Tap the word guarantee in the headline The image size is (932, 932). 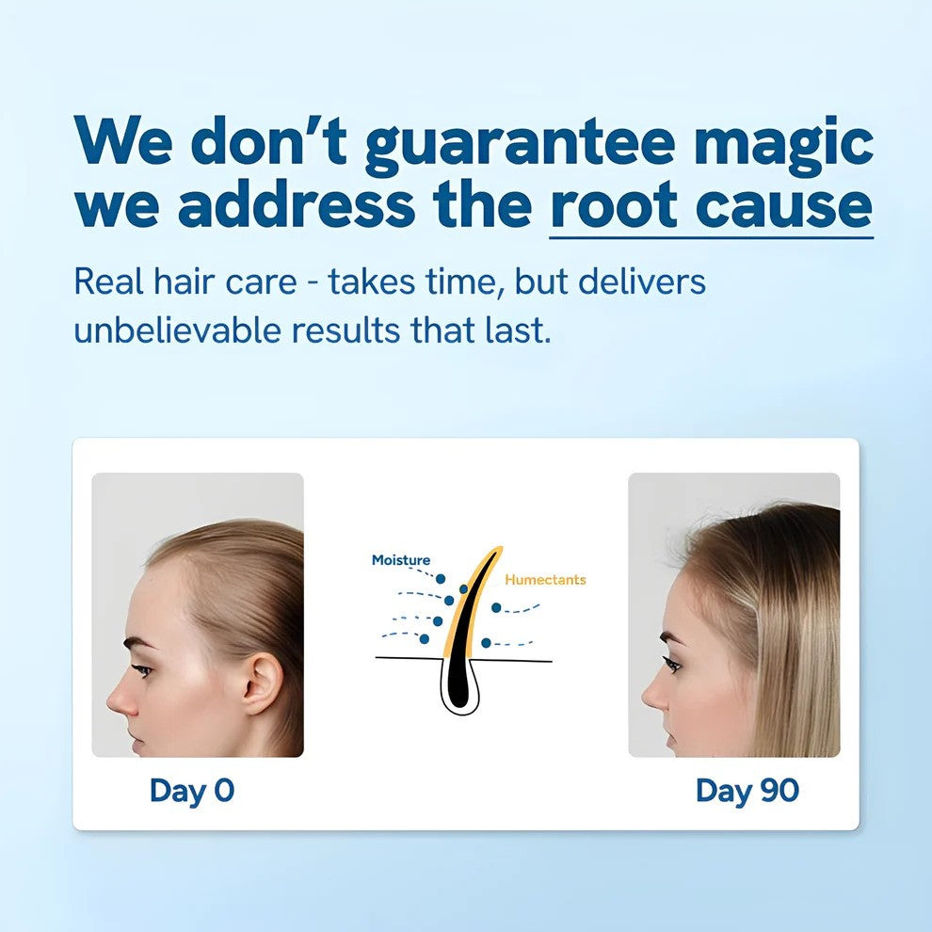(x=520, y=144)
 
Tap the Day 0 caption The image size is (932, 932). (x=192, y=791)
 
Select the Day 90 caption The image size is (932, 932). (x=747, y=791)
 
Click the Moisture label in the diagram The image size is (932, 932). (x=400, y=560)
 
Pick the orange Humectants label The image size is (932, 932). (x=545, y=580)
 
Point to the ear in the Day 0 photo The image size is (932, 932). (x=261, y=684)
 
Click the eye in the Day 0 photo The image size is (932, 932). (x=141, y=669)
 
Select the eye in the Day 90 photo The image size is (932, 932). (x=671, y=664)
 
